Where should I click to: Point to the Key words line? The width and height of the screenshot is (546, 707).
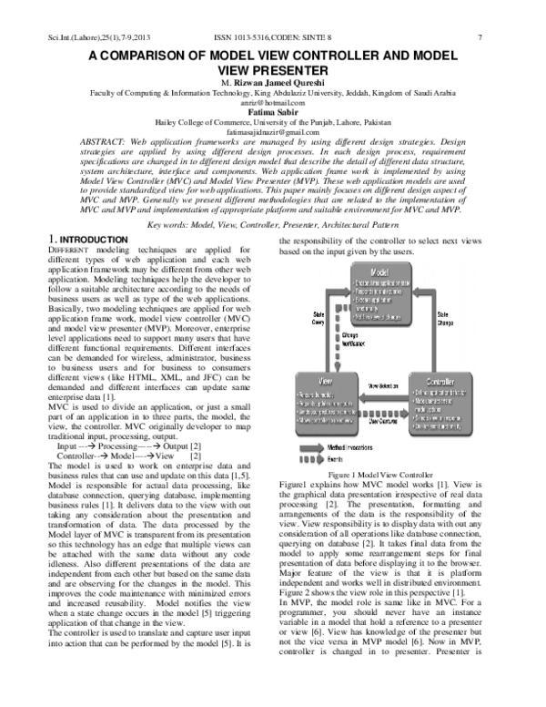(273, 222)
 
